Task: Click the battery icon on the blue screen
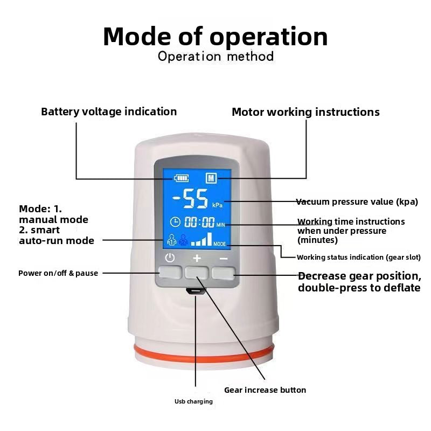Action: click(x=182, y=178)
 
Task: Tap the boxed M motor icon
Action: click(x=211, y=178)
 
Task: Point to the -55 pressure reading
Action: click(x=190, y=198)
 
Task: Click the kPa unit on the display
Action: click(x=217, y=205)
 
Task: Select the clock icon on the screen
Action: click(x=175, y=222)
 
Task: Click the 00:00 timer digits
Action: click(x=199, y=222)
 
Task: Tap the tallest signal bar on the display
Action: click(x=210, y=239)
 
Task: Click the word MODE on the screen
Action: click(x=220, y=244)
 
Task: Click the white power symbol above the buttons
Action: click(x=170, y=258)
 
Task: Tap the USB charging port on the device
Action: click(x=196, y=291)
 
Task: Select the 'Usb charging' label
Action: click(x=193, y=401)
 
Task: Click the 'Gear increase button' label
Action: click(x=265, y=390)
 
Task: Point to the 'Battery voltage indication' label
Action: click(x=109, y=112)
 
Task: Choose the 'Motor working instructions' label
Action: click(x=305, y=112)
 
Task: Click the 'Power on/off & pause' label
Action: click(x=58, y=273)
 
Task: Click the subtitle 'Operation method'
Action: click(x=216, y=57)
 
